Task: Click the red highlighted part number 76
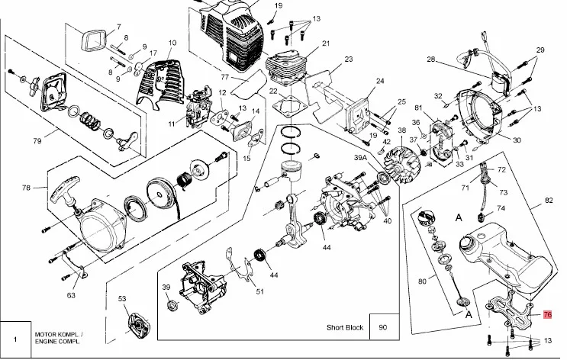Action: pyautogui.click(x=547, y=314)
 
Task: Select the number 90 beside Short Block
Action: pyautogui.click(x=383, y=327)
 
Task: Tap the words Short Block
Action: pyautogui.click(x=345, y=327)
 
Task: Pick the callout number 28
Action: pyautogui.click(x=431, y=59)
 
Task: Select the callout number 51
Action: pyautogui.click(x=259, y=291)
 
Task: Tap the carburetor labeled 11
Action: pyautogui.click(x=198, y=108)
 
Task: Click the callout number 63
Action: pyautogui.click(x=71, y=295)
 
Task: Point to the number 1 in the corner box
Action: pyautogui.click(x=15, y=339)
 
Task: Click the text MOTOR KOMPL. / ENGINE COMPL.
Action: pyautogui.click(x=58, y=338)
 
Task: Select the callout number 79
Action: pyautogui.click(x=37, y=140)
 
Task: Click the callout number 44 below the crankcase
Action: pyautogui.click(x=327, y=247)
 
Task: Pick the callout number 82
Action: pyautogui.click(x=549, y=201)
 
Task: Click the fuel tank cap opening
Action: pyautogui.click(x=469, y=243)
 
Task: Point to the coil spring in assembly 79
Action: pyautogui.click(x=90, y=121)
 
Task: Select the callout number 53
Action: pyautogui.click(x=122, y=298)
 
